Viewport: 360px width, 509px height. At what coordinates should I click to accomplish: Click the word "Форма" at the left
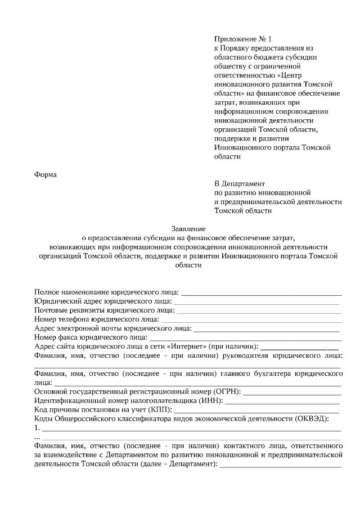point(46,174)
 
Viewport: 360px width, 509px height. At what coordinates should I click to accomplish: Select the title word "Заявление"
point(188,228)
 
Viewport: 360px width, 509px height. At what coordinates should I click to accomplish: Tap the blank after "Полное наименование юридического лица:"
point(261,292)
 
